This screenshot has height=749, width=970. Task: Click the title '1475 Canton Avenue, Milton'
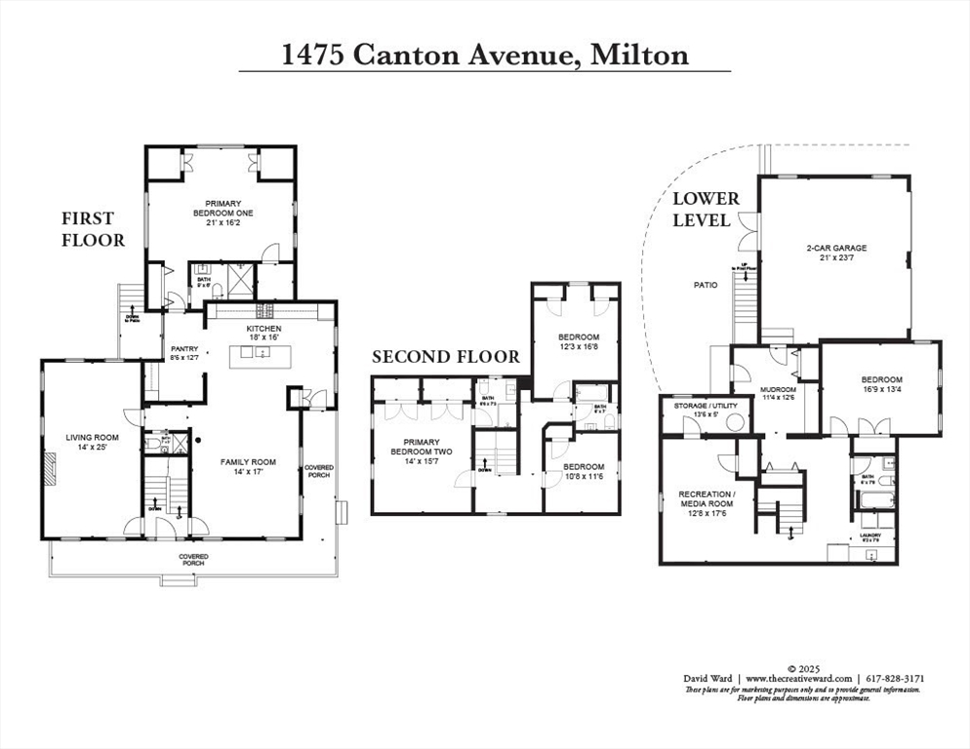[485, 54]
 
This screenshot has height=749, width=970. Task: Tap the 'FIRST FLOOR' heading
[94, 228]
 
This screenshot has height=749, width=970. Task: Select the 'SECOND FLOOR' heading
[446, 357]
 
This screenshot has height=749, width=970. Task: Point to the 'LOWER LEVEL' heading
[706, 209]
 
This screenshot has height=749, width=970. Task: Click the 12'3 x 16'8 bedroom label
[578, 340]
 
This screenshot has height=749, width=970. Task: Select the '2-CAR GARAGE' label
[836, 253]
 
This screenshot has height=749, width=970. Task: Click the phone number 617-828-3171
[895, 678]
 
